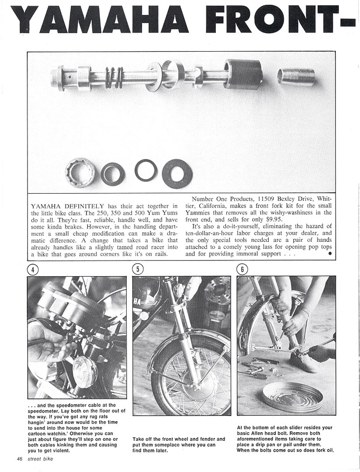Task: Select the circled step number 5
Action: pyautogui.click(x=138, y=270)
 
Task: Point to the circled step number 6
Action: pyautogui.click(x=242, y=270)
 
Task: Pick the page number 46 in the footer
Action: pyautogui.click(x=20, y=458)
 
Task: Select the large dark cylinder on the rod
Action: pyautogui.click(x=243, y=74)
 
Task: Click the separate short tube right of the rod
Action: pyautogui.click(x=297, y=77)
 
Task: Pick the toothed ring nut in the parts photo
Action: pyautogui.click(x=80, y=171)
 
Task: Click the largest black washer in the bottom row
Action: pyautogui.click(x=177, y=174)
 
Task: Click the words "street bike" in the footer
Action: pyautogui.click(x=40, y=458)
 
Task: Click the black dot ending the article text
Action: pyautogui.click(x=329, y=253)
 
